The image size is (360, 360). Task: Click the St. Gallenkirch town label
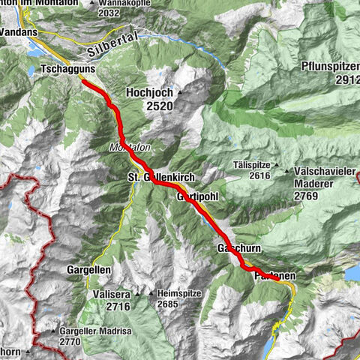coord(155,177)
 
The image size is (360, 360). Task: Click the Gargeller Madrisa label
coord(85,331)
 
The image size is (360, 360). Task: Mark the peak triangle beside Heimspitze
coord(152,293)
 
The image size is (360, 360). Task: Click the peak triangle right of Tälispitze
coord(276,164)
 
